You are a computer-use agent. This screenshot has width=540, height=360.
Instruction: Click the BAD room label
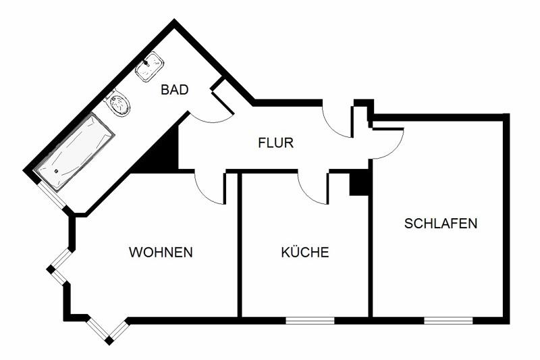click(x=175, y=90)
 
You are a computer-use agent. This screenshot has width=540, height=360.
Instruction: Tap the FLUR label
click(x=275, y=143)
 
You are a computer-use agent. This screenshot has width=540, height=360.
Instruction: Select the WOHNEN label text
click(x=161, y=252)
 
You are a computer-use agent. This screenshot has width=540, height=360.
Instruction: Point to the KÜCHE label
click(x=305, y=252)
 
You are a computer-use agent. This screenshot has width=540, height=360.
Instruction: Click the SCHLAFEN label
click(x=441, y=224)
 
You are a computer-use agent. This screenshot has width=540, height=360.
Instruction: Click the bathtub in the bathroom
click(x=75, y=151)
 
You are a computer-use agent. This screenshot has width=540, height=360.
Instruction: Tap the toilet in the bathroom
click(x=117, y=103)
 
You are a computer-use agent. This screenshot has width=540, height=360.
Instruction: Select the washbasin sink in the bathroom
click(x=149, y=66)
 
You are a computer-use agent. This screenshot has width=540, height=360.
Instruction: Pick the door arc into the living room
click(x=204, y=194)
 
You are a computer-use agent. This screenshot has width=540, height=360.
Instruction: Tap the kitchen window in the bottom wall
click(x=310, y=321)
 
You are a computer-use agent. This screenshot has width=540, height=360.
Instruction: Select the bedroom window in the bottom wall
click(x=448, y=321)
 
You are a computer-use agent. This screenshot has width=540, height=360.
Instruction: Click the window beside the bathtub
click(x=51, y=195)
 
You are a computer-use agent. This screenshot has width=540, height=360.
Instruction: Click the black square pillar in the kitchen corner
click(x=359, y=184)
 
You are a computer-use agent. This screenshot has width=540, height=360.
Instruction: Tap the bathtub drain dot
click(x=57, y=170)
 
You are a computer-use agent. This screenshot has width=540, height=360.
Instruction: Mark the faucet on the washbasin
click(x=146, y=63)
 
